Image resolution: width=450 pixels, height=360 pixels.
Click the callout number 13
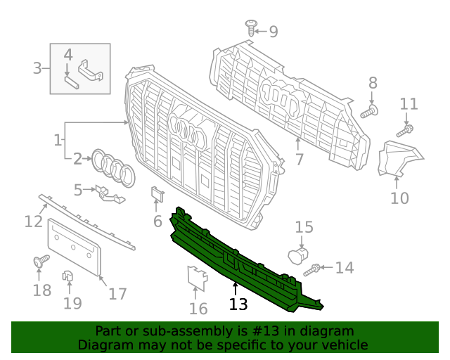pyautogui.click(x=238, y=304)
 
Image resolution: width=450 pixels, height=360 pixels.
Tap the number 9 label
pyautogui.click(x=273, y=32)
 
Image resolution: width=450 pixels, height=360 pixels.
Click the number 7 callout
pyautogui.click(x=300, y=160)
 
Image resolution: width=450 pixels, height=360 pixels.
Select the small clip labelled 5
pyautogui.click(x=108, y=193)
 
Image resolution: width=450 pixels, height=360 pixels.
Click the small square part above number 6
pyautogui.click(x=157, y=196)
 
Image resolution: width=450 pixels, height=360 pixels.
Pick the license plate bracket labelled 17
pyautogui.click(x=75, y=246)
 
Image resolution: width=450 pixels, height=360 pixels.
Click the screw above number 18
pyautogui.click(x=40, y=262)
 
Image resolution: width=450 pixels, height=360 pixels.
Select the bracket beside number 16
pyautogui.click(x=197, y=278)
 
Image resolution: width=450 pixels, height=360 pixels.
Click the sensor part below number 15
pyautogui.click(x=298, y=255)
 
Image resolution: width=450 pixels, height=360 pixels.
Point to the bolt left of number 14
pyautogui.click(x=312, y=269)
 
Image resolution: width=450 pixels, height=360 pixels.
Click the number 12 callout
pyautogui.click(x=33, y=221)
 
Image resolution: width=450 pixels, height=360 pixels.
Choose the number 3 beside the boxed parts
pyautogui.click(x=37, y=68)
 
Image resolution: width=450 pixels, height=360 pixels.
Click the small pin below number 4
pyautogui.click(x=70, y=79)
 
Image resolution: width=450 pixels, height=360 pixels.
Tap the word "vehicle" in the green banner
pyautogui.click(x=343, y=345)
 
